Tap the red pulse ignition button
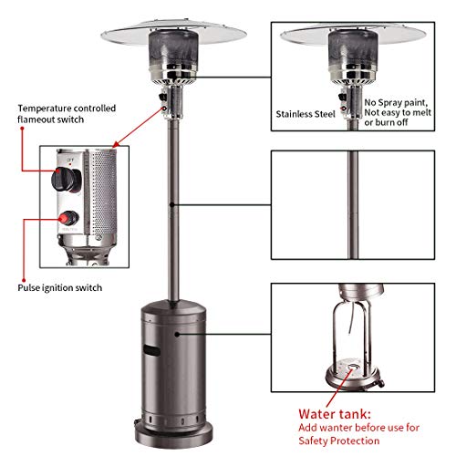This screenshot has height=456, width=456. pos(67,218)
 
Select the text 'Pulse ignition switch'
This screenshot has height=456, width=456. pos(59,287)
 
